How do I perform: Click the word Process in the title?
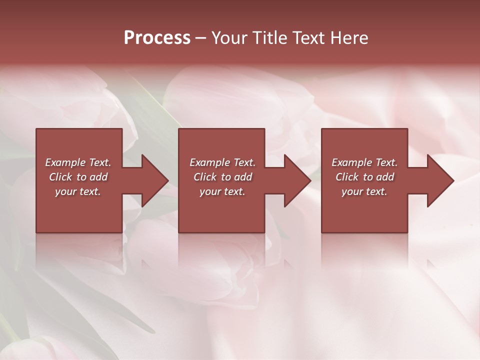click(157, 38)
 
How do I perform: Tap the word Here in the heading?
click(348, 38)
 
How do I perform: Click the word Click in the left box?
click(61, 177)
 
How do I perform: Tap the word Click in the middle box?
click(205, 177)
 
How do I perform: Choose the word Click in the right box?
click(347, 177)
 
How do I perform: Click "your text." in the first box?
click(78, 191)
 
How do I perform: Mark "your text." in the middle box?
click(222, 191)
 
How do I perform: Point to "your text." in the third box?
click(364, 191)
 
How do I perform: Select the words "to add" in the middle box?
click(236, 177)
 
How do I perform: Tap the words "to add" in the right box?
click(378, 177)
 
